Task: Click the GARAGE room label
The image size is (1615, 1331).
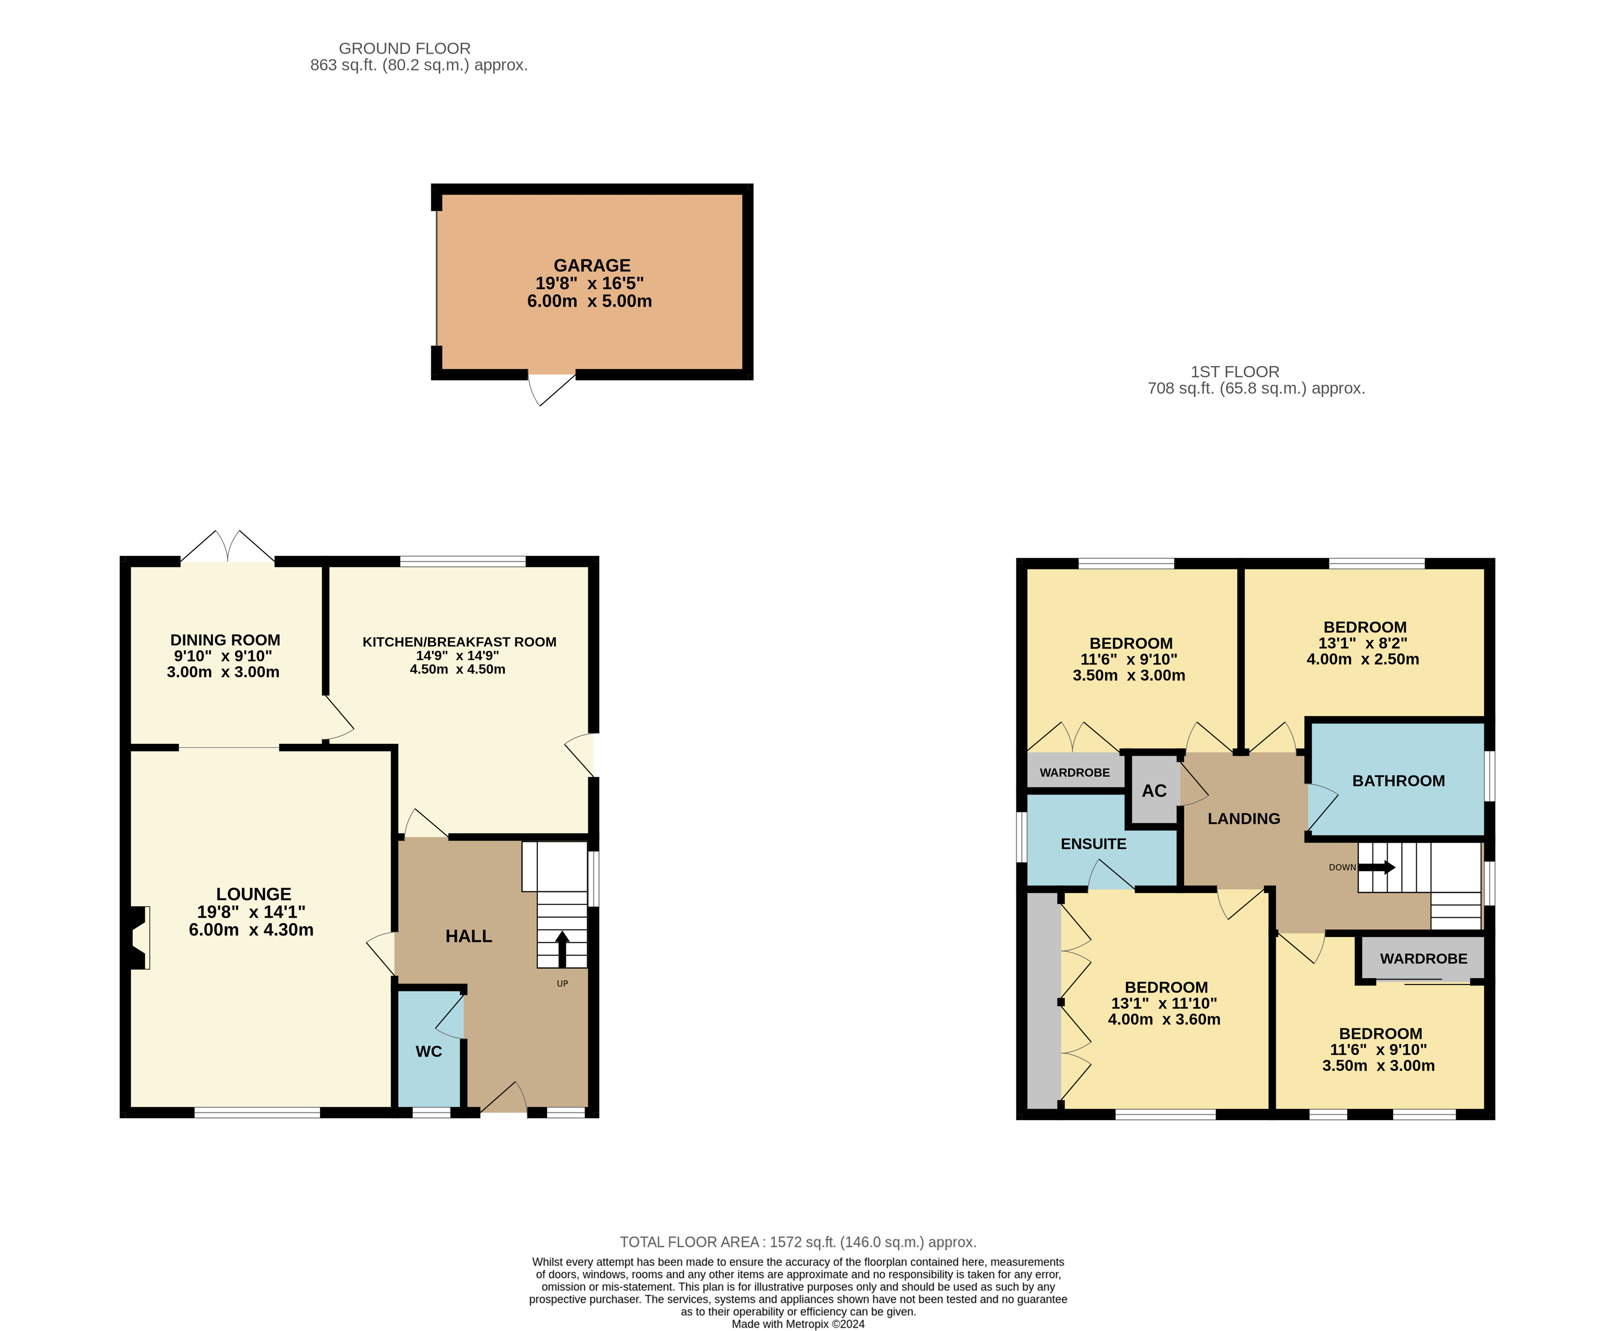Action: tap(592, 265)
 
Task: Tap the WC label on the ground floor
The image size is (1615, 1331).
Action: tap(429, 1051)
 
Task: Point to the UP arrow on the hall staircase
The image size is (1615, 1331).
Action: tap(562, 949)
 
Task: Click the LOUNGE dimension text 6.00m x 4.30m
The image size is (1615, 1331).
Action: tap(251, 930)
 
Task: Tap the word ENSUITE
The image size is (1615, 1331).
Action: tap(1093, 843)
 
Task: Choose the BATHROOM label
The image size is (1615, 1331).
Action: tap(1398, 780)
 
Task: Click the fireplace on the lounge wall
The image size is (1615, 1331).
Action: tap(139, 938)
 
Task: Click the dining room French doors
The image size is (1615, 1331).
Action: tap(228, 546)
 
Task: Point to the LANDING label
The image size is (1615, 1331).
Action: tap(1243, 819)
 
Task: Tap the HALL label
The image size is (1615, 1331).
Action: tap(468, 936)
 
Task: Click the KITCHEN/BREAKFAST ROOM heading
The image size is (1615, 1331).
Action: tap(459, 642)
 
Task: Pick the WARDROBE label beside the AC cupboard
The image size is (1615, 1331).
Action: tap(1075, 772)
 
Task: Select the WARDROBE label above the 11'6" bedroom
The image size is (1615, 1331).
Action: tap(1423, 958)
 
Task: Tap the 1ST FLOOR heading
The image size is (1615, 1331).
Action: tap(1235, 372)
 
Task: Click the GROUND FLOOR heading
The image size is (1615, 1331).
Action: tap(405, 48)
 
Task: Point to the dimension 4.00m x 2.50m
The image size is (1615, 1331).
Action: tap(1363, 659)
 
